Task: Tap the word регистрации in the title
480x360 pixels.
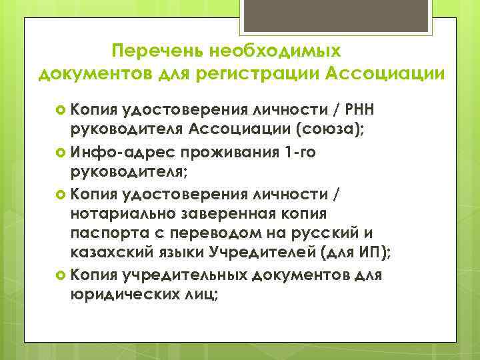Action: coord(260,73)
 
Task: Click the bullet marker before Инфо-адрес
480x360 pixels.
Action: coord(61,152)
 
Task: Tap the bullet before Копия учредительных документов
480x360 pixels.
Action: coord(61,275)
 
